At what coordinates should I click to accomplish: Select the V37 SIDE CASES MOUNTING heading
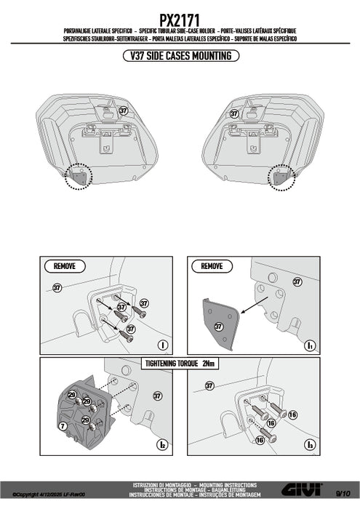[180, 55]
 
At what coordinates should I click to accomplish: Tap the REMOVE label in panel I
[64, 267]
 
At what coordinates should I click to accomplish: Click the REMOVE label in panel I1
[212, 267]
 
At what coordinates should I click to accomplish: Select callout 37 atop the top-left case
[123, 111]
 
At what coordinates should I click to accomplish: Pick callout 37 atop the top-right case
[234, 113]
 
